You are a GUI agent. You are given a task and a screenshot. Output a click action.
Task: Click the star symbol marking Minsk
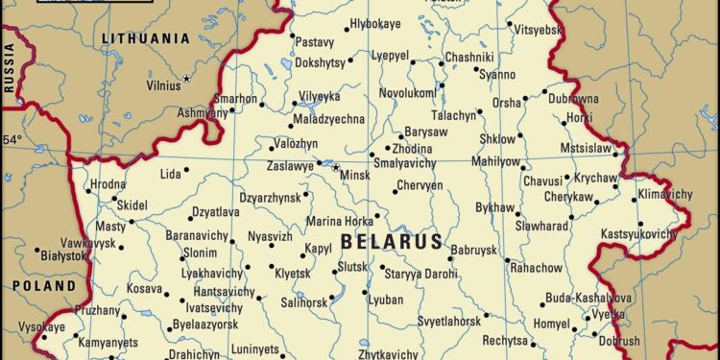pyautogui.click(x=336, y=168)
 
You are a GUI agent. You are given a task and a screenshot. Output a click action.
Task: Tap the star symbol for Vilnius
pyautogui.click(x=187, y=78)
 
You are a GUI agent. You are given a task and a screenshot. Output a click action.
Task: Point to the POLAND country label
pyautogui.click(x=43, y=286)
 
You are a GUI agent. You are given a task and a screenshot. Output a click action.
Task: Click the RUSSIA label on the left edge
pyautogui.click(x=11, y=73)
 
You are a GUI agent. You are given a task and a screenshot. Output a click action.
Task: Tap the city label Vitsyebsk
pyautogui.click(x=539, y=30)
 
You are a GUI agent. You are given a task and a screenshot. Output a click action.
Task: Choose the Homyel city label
pyautogui.click(x=553, y=324)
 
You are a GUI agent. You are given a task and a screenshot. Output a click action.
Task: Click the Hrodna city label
pyautogui.click(x=108, y=184)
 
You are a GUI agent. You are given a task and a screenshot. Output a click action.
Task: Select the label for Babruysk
pyautogui.click(x=473, y=250)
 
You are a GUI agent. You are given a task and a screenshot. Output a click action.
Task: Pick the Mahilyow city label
pyautogui.click(x=497, y=161)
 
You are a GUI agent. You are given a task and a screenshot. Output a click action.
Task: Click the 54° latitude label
pyautogui.click(x=12, y=140)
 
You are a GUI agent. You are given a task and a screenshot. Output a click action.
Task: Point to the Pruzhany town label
pyautogui.click(x=98, y=310)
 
